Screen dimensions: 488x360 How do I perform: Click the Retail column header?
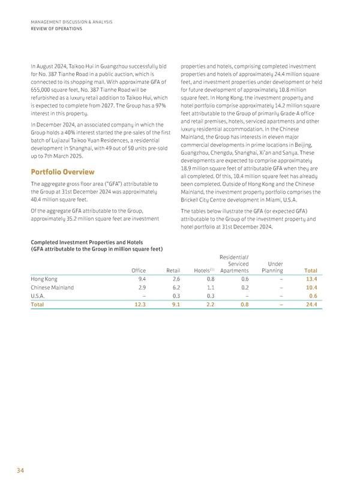pos(173,270)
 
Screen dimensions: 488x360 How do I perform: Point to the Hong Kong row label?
pos(44,278)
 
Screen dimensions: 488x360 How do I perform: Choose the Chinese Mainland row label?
pos(52,287)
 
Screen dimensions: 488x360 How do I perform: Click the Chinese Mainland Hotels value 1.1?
pos(211,287)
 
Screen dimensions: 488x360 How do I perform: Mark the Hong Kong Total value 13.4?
pos(311,278)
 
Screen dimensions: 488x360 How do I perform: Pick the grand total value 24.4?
pos(311,305)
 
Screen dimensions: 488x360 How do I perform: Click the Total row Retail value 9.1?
pos(176,305)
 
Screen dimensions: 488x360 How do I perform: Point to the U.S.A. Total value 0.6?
pos(313,296)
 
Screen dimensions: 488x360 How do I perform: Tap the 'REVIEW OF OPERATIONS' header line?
pos(56,28)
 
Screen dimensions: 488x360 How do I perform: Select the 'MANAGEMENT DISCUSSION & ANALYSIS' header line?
pos(71,22)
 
